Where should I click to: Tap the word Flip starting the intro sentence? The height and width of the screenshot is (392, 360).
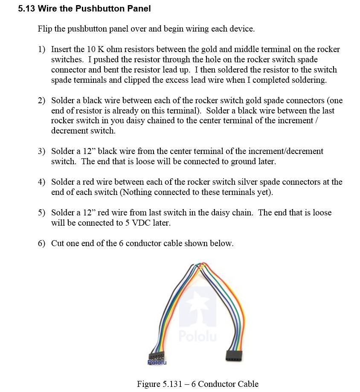[x=45, y=29]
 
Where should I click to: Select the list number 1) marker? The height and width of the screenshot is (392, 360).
[x=41, y=49]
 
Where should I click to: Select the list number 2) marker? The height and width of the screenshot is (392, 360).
[x=41, y=101]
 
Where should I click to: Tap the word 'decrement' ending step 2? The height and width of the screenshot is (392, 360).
[x=69, y=131]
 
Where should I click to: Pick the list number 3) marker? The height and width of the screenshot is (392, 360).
[x=41, y=151]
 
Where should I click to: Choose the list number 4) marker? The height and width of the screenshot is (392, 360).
[x=41, y=182]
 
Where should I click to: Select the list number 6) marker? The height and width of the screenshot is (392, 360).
[x=41, y=244]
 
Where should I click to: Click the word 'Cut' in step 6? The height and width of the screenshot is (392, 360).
[x=58, y=244]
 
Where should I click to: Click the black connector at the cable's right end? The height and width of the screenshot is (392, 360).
[x=234, y=355]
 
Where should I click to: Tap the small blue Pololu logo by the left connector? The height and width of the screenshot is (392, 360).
[x=157, y=363]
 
